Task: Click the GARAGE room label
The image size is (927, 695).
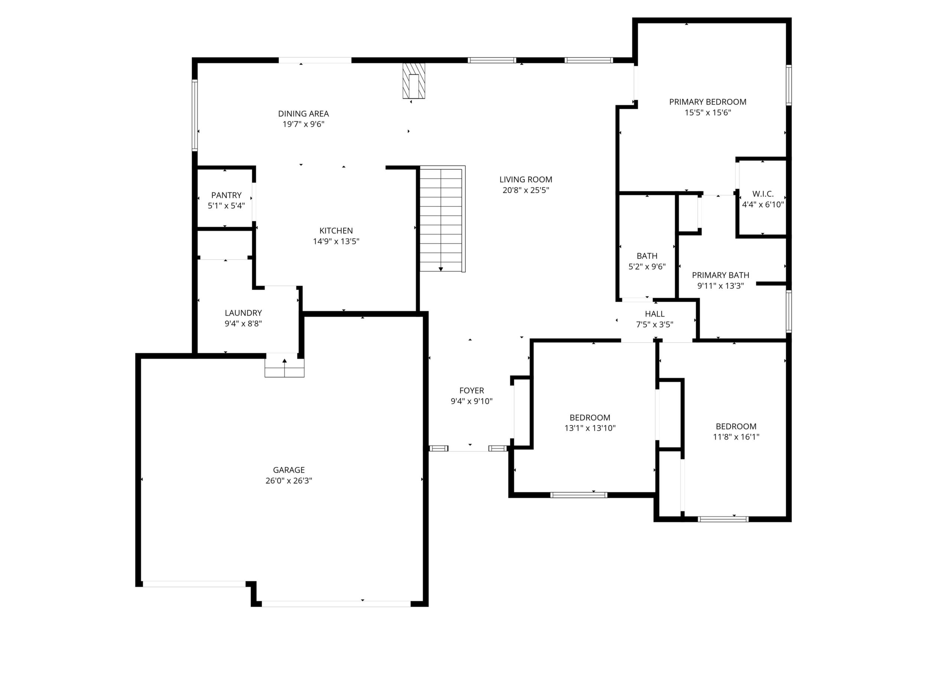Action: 289,470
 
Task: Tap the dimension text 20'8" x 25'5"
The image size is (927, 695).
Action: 526,190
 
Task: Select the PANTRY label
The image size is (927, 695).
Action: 226,195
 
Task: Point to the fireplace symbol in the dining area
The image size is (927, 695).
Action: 414,81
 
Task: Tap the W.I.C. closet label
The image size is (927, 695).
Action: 763,194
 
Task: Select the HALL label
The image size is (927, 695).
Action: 655,314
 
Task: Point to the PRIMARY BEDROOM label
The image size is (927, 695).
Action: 708,102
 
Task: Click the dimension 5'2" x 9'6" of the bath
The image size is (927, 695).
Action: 647,267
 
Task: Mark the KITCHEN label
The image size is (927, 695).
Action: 336,231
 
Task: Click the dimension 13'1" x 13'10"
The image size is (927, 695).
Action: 590,428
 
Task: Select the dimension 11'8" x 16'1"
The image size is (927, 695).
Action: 736,437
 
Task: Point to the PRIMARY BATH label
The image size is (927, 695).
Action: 721,275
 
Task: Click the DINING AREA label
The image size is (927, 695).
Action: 303,114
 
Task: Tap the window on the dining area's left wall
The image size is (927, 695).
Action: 195,115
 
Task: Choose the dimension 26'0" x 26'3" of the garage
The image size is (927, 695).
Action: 289,481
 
